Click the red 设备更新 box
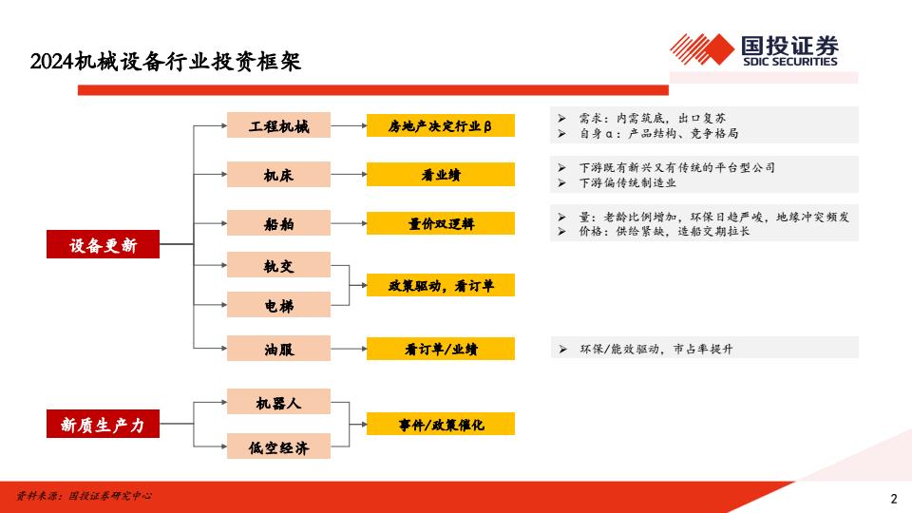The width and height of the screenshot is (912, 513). point(103,244)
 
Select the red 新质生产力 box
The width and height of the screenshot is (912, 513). point(103,424)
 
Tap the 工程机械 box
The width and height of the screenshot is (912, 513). point(278,125)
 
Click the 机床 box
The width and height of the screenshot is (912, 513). point(278,175)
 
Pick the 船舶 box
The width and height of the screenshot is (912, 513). point(278,222)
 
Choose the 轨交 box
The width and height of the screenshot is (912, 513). point(278,265)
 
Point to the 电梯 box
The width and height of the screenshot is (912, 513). point(278,305)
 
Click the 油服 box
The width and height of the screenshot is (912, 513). point(278,349)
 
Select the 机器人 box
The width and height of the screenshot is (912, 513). point(278,402)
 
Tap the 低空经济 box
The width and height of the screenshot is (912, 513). point(278,446)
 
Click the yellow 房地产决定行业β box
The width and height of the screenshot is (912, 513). point(440,125)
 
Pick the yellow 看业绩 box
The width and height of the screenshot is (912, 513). point(440,175)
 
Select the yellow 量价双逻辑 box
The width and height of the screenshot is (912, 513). point(440,223)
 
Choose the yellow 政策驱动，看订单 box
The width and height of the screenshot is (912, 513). point(440,285)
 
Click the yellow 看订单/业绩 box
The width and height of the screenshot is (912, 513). point(440,349)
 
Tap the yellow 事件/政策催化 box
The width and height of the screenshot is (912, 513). point(440,424)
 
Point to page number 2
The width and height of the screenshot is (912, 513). point(894,499)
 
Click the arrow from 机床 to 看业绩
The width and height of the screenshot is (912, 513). point(349,175)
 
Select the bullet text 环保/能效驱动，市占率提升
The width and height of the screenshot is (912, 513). point(656,349)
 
